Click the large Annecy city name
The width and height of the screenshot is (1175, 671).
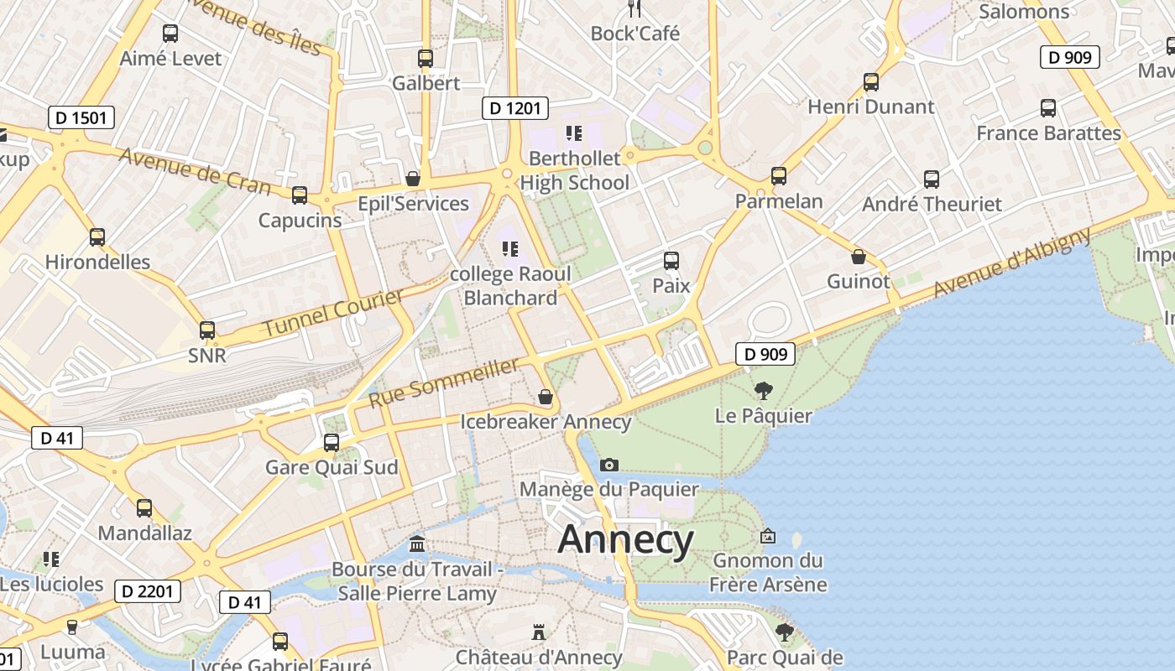[x=626, y=539]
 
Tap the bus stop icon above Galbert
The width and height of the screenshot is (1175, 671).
[x=426, y=59]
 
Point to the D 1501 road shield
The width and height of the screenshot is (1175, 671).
[x=81, y=117]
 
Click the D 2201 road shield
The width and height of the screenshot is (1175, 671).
[x=148, y=591]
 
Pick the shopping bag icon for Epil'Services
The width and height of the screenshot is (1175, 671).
[x=412, y=179]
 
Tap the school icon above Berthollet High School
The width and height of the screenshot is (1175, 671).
[x=574, y=133]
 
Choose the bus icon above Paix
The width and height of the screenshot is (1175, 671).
[x=671, y=260]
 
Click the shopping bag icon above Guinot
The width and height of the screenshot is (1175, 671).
[x=858, y=256]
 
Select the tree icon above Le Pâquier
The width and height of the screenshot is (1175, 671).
[x=763, y=390]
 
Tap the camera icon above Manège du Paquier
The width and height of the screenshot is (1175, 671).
[x=609, y=465]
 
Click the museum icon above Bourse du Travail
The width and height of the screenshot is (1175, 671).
[x=417, y=545]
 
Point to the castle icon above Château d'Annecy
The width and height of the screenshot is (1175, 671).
[x=539, y=632]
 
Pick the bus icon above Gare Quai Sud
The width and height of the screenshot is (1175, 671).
[x=332, y=442]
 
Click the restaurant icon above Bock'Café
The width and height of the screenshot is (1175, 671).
[x=634, y=8]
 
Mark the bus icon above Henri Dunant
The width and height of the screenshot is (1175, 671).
[x=871, y=82]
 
